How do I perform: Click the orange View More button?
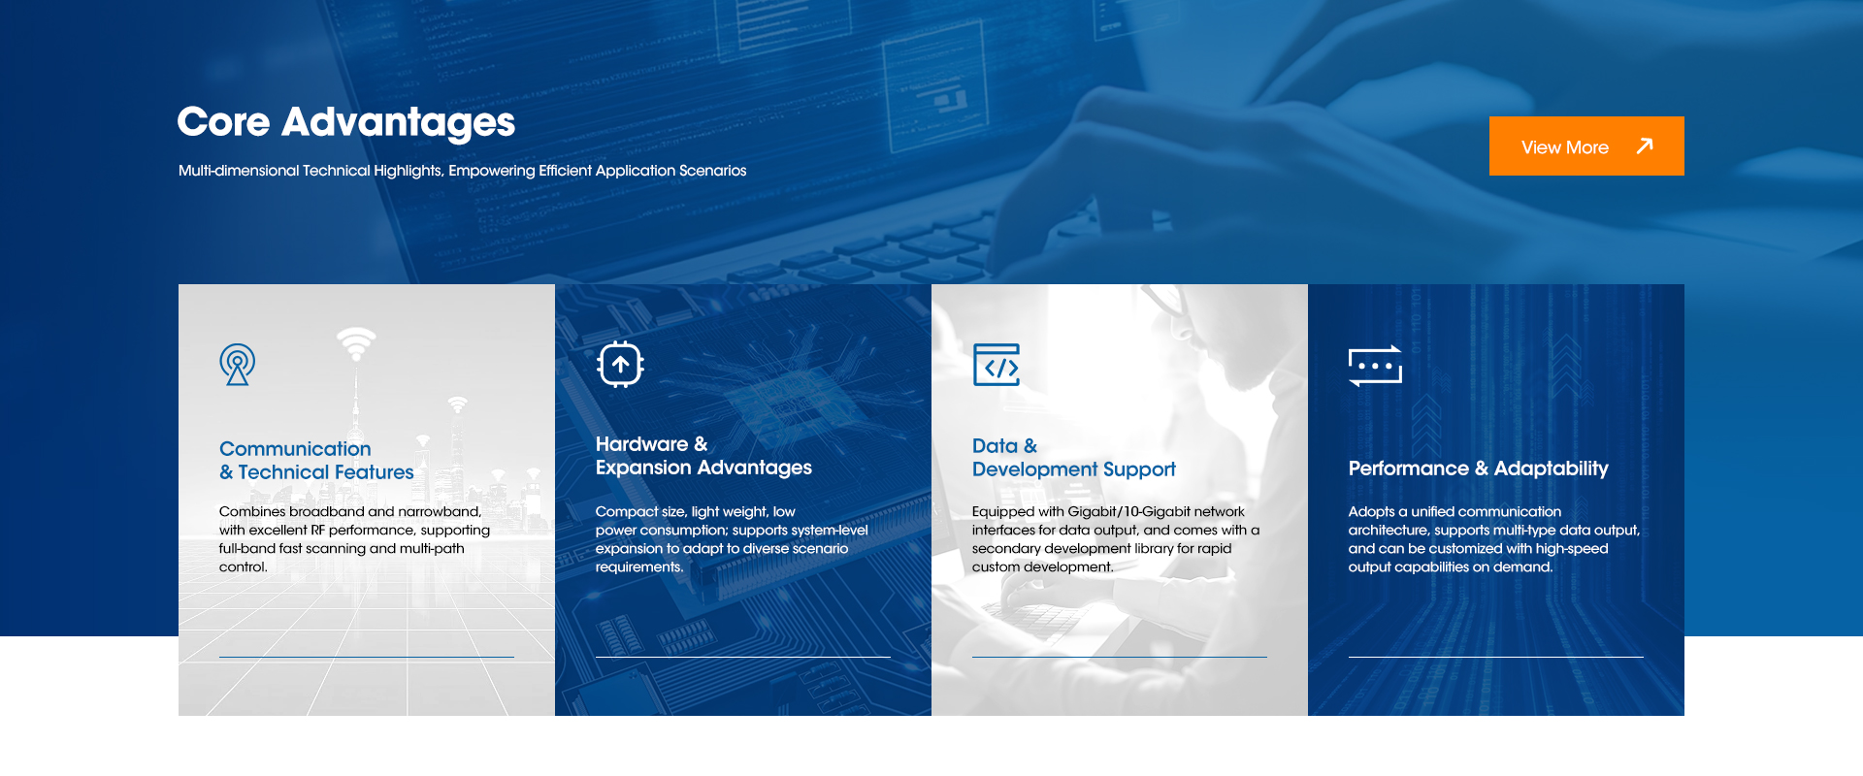point(1586,145)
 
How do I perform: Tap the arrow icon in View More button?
point(1645,145)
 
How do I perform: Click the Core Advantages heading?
point(346,122)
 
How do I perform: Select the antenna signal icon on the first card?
point(238,365)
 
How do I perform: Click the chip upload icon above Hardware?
point(621,365)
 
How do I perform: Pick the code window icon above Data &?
point(997,365)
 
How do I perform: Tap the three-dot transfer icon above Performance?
point(1375,366)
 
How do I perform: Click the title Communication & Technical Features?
point(316,461)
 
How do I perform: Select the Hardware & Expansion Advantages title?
point(703,456)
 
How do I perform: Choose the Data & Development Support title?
point(1073,458)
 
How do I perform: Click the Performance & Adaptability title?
point(1478,469)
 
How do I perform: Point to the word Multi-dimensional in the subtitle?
point(239,171)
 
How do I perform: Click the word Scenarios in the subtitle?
point(712,171)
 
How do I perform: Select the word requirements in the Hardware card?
point(638,567)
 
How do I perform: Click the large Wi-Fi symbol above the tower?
point(356,342)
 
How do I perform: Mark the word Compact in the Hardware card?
point(627,512)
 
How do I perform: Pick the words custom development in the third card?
point(1042,567)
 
